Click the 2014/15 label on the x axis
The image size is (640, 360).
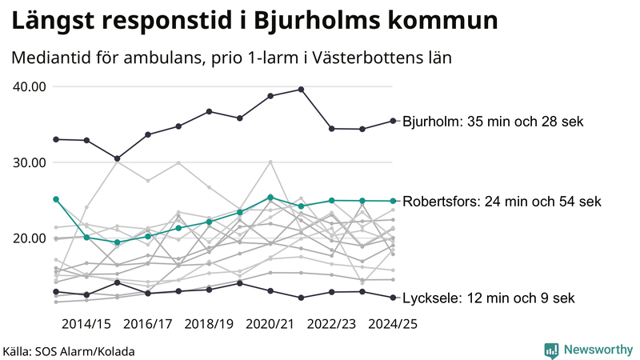point(86,324)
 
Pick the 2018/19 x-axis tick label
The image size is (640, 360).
point(209,324)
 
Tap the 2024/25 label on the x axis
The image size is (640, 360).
point(393,324)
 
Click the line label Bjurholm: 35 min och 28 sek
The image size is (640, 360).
point(494,122)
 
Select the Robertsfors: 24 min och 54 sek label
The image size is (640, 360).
point(502,201)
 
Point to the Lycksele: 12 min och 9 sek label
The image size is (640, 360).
point(489,298)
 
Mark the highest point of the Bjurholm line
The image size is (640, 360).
point(301,89)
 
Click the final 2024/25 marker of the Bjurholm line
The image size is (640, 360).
point(393,121)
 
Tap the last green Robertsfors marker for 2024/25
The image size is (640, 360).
point(393,201)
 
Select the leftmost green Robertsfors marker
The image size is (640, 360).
point(56,198)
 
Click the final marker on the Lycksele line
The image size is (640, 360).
point(393,298)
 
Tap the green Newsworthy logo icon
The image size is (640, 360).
point(551,350)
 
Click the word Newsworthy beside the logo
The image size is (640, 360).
point(598,350)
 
